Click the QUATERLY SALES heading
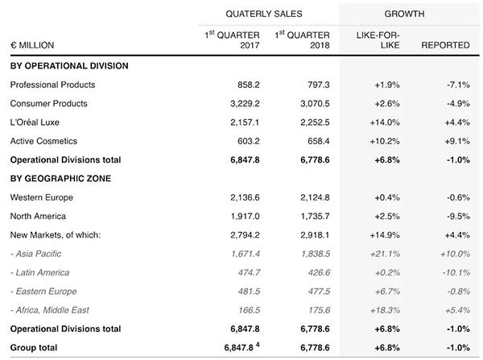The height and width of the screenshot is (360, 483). [264, 14]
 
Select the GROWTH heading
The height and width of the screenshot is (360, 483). [404, 14]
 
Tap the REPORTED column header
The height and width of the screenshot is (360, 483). [445, 45]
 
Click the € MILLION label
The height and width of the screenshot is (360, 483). [32, 45]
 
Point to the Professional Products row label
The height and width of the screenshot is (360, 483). [52, 85]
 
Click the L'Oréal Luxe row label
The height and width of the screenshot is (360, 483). [35, 122]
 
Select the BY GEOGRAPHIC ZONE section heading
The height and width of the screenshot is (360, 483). [60, 179]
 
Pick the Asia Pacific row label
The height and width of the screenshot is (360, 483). [35, 254]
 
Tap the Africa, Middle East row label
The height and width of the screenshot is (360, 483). [50, 310]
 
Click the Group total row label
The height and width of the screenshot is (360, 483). [34, 348]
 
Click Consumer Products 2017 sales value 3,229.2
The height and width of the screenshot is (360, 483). [245, 104]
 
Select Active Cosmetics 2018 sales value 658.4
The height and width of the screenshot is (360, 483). [319, 141]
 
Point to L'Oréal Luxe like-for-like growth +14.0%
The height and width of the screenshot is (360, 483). [385, 122]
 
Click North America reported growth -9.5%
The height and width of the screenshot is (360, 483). [458, 217]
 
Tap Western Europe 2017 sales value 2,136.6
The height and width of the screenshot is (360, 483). [245, 197]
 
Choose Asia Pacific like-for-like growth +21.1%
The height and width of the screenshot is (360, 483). [385, 254]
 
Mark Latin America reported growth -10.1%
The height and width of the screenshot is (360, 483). [456, 273]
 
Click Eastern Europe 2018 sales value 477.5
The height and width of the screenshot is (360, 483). [319, 292]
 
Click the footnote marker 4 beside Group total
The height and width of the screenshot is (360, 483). [258, 345]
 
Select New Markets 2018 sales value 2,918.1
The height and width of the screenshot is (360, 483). [315, 235]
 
